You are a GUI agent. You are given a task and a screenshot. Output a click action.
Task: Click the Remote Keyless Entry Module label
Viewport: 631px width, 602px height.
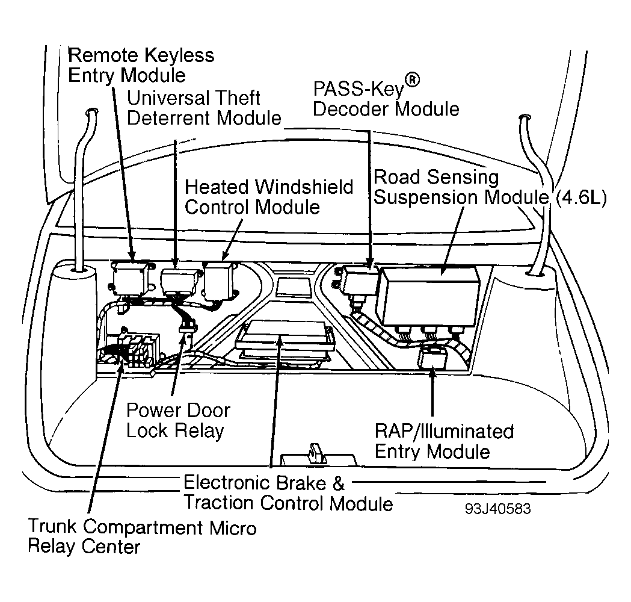point(141,65)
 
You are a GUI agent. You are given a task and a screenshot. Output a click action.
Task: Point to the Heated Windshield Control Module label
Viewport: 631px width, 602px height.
point(268,196)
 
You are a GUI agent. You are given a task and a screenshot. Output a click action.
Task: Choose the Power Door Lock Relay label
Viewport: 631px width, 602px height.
point(177,420)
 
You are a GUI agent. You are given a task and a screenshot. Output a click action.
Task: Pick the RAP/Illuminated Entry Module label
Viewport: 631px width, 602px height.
point(444,441)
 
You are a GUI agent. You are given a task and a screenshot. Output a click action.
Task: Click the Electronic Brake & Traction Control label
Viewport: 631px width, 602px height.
point(288,492)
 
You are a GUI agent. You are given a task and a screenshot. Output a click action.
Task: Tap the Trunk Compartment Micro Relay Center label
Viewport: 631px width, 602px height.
point(143,536)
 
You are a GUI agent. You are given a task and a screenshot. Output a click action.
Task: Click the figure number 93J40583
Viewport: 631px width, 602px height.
point(497,509)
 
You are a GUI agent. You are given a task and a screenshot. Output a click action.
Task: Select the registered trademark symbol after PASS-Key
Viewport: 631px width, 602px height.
point(411,81)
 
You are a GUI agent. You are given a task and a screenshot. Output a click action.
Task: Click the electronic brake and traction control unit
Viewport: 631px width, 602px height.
point(285,339)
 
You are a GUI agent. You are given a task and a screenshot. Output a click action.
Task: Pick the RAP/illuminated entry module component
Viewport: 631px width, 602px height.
point(431,359)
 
